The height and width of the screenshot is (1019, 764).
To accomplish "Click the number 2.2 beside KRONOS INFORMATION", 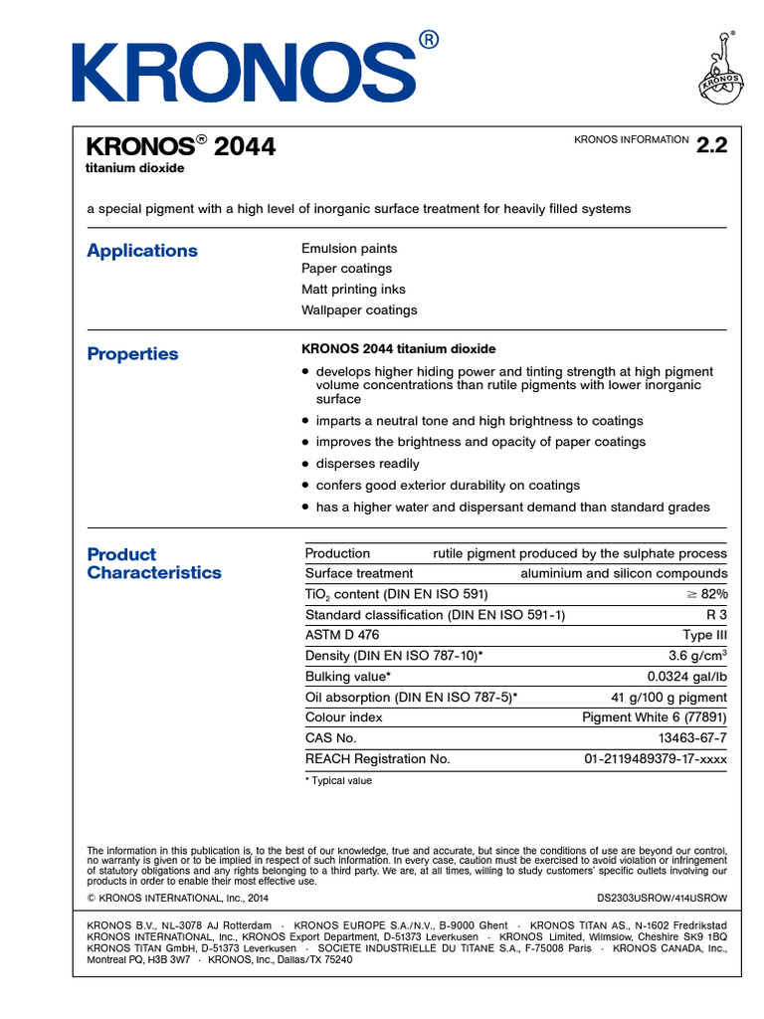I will tap(712, 145).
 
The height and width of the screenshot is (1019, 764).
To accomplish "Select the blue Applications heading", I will tap(142, 251).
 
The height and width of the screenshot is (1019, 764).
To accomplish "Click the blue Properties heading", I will tap(132, 354).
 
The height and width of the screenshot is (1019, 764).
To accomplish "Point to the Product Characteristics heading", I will tap(154, 563).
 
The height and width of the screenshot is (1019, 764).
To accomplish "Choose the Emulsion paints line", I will tap(349, 248).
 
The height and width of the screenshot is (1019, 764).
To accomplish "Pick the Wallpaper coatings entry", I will tap(359, 309).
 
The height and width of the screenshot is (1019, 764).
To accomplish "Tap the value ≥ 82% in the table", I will tap(707, 594).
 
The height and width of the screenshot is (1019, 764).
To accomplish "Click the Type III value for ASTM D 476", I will tap(705, 635).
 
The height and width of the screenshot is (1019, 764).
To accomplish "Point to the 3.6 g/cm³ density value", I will tap(697, 656).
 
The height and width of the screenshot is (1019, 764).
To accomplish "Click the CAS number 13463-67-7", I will tap(692, 738).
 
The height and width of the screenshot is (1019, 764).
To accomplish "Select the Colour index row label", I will tap(343, 717).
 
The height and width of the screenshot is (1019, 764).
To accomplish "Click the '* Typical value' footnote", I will tap(338, 781).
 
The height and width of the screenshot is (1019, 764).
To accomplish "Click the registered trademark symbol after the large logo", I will tap(428, 40).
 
